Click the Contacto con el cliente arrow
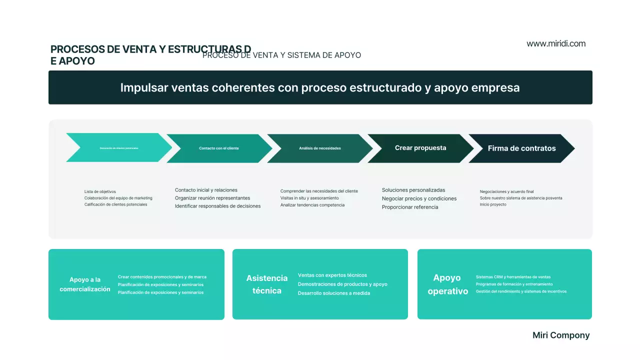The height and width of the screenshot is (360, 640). tap(219, 148)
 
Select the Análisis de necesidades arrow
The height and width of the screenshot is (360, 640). tap(320, 148)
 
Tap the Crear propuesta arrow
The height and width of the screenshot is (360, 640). tap(420, 148)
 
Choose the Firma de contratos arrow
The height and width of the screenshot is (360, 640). tap(521, 148)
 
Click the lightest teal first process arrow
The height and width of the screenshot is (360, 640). tap(119, 148)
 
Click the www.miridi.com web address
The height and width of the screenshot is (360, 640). tap(556, 43)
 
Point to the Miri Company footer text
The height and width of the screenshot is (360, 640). tap(561, 335)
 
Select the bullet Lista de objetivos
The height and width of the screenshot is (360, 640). tap(100, 191)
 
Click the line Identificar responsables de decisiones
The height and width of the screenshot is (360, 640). tap(217, 206)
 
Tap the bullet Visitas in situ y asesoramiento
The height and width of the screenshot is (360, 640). tap(309, 198)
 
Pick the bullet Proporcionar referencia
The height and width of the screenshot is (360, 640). tap(410, 207)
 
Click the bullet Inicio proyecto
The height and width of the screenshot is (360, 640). tap(493, 204)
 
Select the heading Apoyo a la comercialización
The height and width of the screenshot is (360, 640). tap(85, 284)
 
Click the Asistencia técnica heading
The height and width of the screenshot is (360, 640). tap(267, 284)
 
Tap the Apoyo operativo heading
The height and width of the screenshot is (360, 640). tap(448, 284)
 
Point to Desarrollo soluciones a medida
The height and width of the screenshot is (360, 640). tap(334, 293)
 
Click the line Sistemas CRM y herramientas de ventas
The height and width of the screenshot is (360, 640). tap(513, 277)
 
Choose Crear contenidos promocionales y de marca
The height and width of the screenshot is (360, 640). tap(162, 277)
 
